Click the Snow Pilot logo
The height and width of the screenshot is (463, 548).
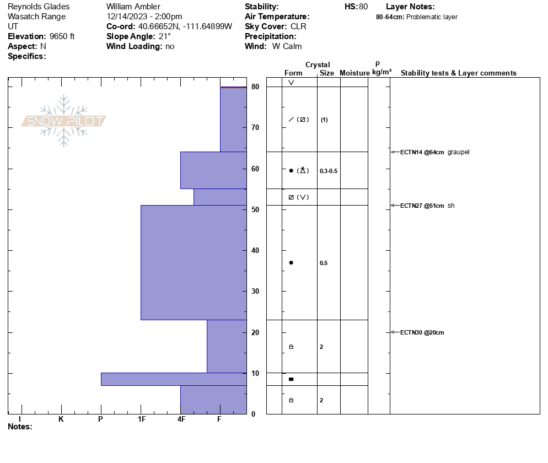64,121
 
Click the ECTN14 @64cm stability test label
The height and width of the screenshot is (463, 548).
422,152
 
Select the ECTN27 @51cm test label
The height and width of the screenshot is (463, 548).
422,206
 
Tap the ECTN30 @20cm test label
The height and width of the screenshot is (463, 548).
422,332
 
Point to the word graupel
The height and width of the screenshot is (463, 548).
458,152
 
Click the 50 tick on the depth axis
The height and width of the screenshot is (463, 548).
255,209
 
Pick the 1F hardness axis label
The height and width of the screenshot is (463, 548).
142,419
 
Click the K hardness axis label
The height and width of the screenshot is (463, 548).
61,419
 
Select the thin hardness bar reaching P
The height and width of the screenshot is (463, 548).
173,379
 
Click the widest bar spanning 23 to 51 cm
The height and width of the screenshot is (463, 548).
194,262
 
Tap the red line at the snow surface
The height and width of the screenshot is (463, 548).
233,87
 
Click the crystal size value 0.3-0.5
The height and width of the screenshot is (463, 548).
329,171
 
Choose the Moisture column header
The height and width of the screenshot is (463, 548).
354,73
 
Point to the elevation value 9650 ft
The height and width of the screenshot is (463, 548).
62,36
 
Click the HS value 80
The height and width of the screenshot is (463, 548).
363,7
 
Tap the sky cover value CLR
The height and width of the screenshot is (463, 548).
298,26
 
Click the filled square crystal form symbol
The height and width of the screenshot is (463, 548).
291,379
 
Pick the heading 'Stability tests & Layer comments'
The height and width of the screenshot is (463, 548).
458,73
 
